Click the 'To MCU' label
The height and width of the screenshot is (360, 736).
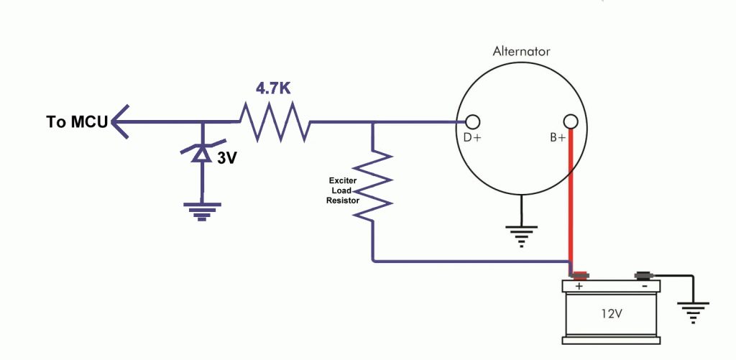(x=76, y=122)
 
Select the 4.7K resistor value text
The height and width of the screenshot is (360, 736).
(x=274, y=88)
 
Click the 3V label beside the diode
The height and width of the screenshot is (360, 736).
(x=227, y=158)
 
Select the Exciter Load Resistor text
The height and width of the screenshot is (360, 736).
(x=344, y=190)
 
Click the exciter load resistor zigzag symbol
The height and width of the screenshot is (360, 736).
(x=373, y=185)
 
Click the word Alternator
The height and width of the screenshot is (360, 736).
(x=522, y=52)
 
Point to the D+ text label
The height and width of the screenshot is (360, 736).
(x=471, y=138)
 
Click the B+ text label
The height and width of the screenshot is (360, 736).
(x=558, y=138)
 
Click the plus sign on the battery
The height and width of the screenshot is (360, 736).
(x=579, y=285)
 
